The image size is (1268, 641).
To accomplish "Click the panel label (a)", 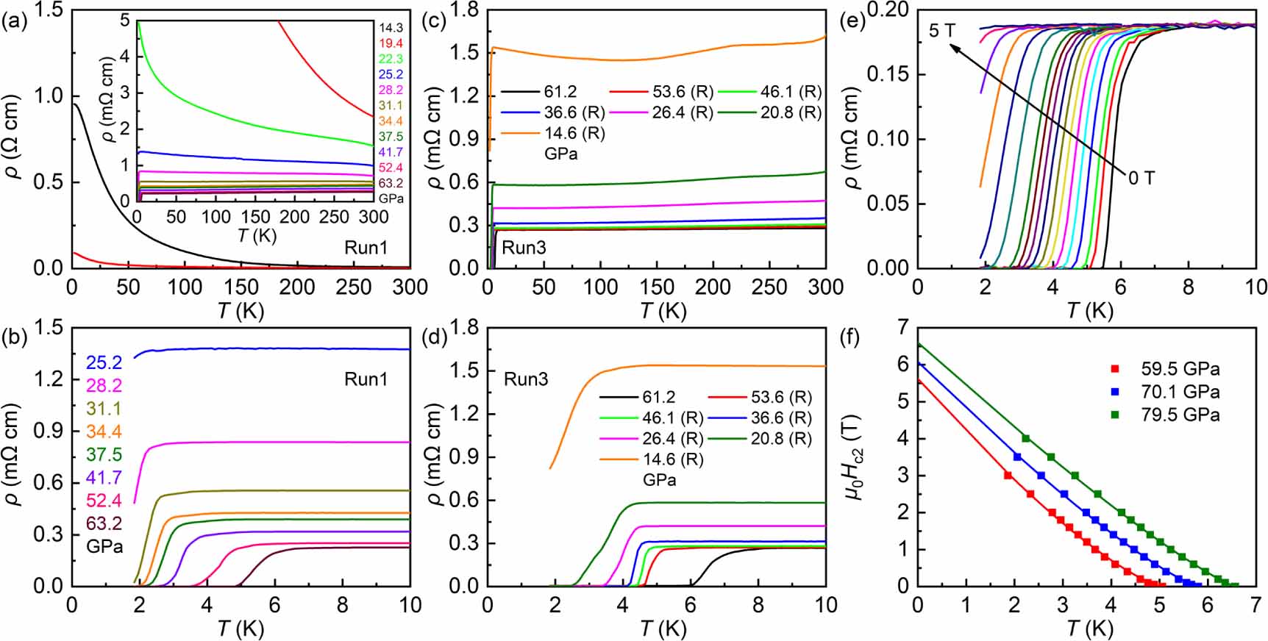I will (x=14, y=21).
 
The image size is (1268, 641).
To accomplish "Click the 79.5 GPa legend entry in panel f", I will (x=1180, y=415).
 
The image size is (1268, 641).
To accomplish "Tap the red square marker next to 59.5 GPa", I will (x=1115, y=369).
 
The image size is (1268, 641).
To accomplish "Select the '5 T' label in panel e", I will (x=942, y=30).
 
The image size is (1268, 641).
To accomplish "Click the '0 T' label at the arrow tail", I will (x=1141, y=178).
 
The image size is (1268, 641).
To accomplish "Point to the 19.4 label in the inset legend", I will (x=391, y=43).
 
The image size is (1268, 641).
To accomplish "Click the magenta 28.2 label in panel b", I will (x=104, y=386).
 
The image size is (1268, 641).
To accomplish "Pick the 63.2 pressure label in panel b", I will (x=104, y=523).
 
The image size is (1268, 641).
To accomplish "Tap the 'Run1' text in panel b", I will (x=366, y=379).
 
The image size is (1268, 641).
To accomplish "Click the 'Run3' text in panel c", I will (x=524, y=248).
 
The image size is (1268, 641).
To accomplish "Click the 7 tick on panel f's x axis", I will (x=1255, y=604).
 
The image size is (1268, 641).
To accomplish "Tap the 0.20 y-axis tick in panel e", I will (x=888, y=10).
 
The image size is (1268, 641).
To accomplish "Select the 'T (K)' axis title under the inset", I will (x=257, y=235).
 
